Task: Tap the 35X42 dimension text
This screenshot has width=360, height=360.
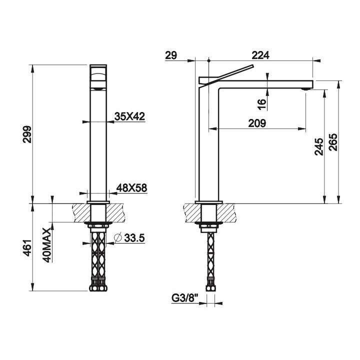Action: [x=129, y=116]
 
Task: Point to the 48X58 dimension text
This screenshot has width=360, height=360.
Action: [x=131, y=188]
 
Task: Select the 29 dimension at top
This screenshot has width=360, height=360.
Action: [x=170, y=55]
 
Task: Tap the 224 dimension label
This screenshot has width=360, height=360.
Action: [x=261, y=55]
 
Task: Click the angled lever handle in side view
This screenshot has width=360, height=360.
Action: [x=227, y=71]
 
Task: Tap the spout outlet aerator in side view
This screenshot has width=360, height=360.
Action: [x=304, y=88]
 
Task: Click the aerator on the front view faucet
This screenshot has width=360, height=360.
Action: [x=98, y=88]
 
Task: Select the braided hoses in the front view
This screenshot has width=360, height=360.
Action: [x=98, y=257]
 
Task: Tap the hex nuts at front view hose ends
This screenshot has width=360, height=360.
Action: [x=98, y=287]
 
